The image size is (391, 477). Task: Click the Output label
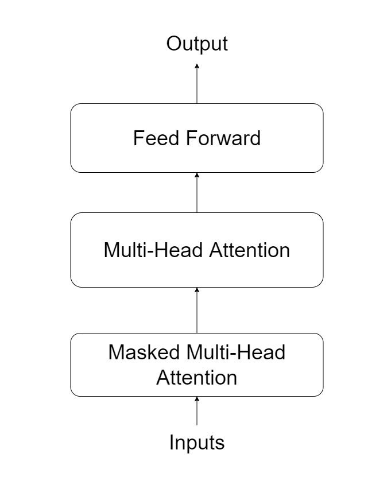197,44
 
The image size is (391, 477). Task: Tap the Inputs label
197,443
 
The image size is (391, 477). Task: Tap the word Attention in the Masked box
197,377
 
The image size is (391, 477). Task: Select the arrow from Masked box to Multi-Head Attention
197,313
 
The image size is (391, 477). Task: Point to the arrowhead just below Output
197,66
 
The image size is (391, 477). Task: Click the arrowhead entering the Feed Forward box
197,176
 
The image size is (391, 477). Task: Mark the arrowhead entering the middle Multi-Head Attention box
197,290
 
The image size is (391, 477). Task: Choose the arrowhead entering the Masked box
197,400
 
